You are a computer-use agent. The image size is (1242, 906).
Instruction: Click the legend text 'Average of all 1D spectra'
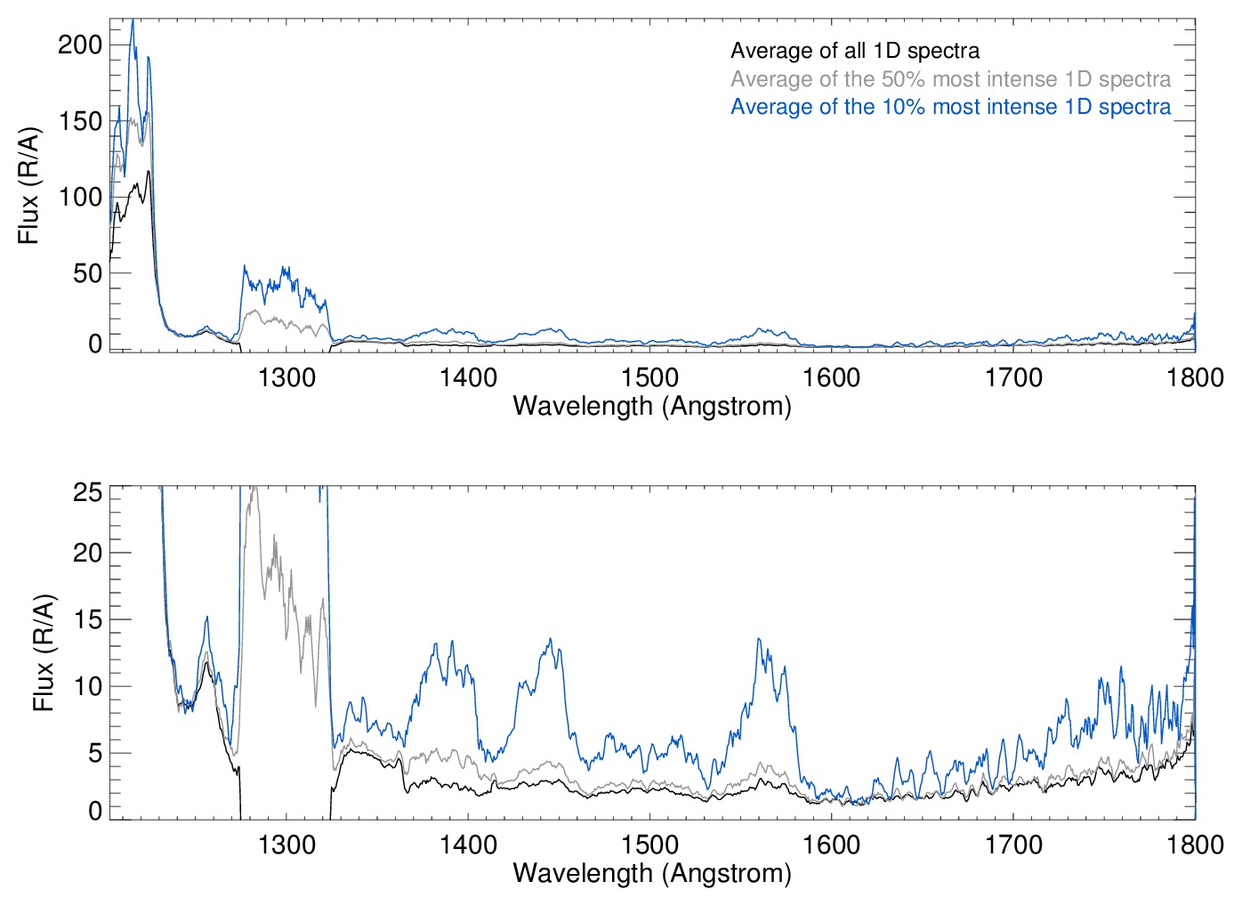click(x=855, y=52)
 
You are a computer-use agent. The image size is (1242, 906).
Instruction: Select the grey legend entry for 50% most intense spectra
click(x=950, y=79)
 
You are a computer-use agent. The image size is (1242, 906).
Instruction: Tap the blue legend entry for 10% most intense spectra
click(x=950, y=107)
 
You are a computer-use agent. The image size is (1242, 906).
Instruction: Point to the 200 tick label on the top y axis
click(x=80, y=44)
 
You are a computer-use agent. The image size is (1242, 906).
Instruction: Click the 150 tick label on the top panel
click(x=80, y=121)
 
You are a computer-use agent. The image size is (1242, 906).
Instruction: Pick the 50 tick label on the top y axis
click(x=87, y=273)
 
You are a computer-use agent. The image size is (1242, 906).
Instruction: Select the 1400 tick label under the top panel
click(x=468, y=377)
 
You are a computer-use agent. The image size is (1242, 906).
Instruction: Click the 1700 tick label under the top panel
click(x=1013, y=377)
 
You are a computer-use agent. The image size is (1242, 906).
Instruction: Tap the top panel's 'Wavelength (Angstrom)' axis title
click(x=652, y=406)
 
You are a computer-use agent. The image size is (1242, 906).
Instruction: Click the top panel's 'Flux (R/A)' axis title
click(x=29, y=186)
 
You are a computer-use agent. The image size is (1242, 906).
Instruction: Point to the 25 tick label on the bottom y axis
click(x=87, y=492)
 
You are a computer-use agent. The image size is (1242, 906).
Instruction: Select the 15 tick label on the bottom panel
click(x=87, y=619)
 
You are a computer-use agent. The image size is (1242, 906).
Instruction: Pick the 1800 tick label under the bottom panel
click(x=1195, y=844)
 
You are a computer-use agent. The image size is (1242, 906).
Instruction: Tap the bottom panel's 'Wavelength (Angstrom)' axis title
click(x=652, y=873)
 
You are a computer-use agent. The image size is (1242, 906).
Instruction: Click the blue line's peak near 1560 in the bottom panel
click(x=759, y=639)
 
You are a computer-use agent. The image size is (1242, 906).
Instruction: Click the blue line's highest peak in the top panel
click(x=133, y=20)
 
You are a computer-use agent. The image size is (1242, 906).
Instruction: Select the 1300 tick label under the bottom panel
click(x=286, y=844)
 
